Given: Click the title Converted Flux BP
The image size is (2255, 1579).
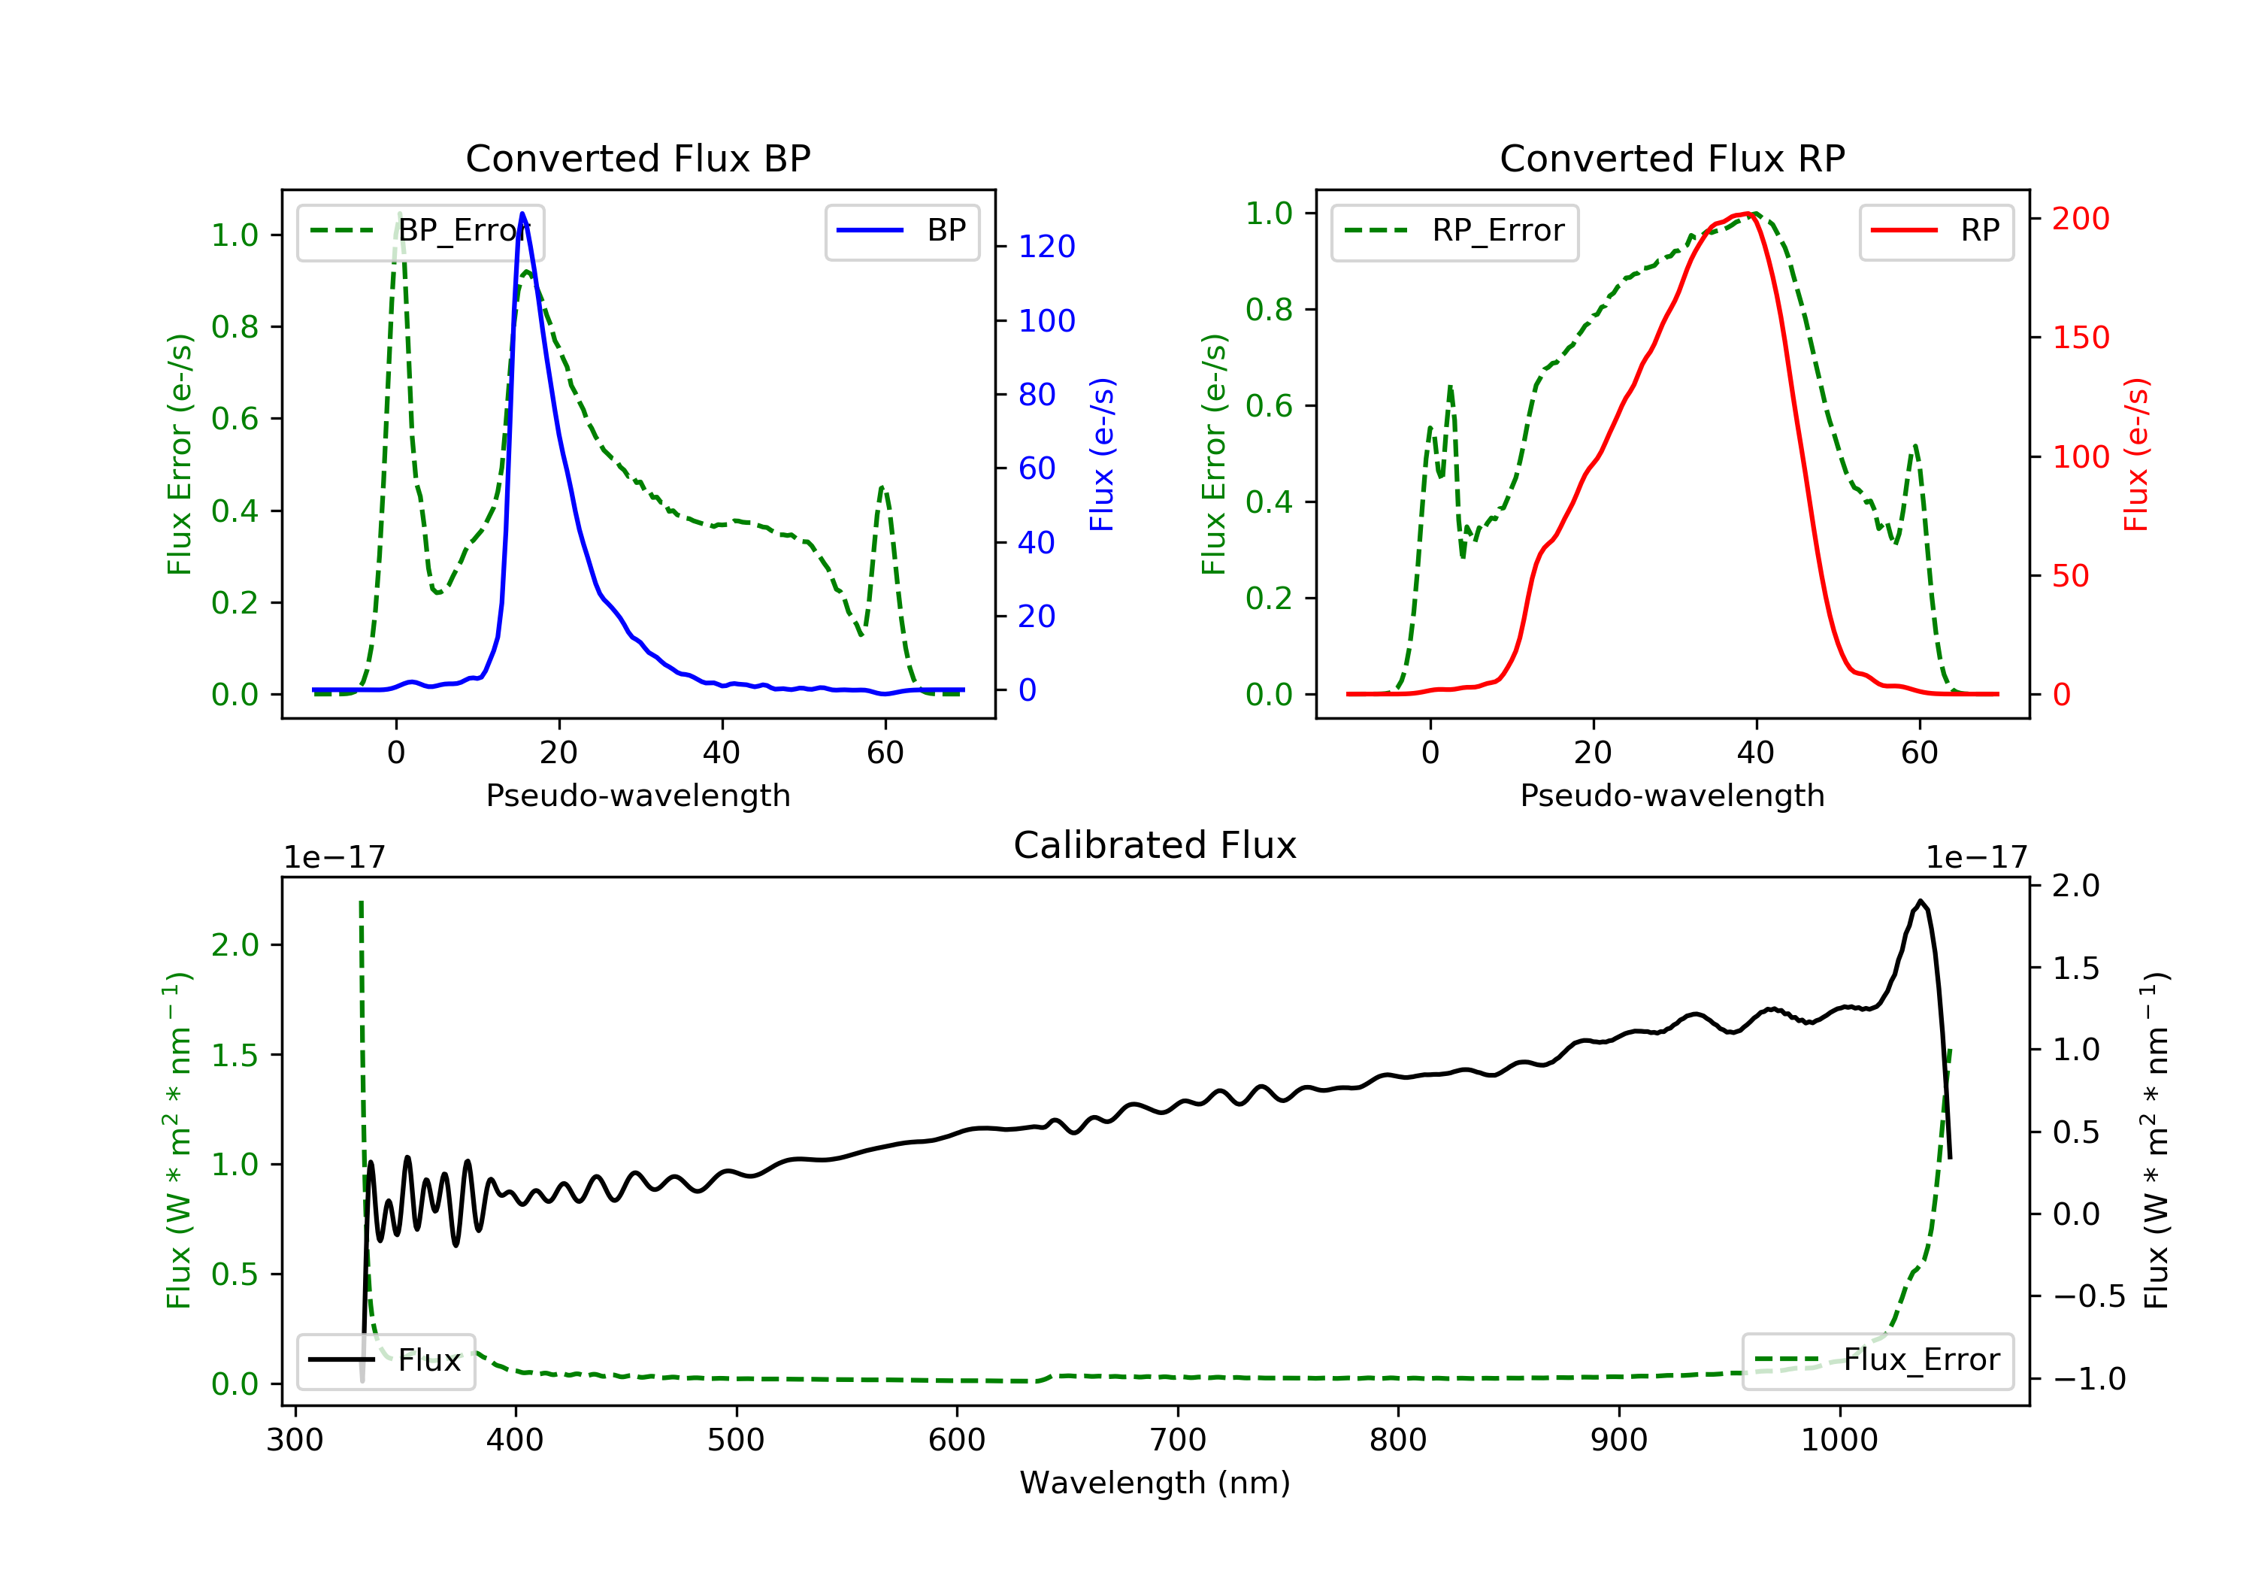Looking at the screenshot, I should tap(637, 158).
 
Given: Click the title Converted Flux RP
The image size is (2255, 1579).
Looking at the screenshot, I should tap(1672, 158).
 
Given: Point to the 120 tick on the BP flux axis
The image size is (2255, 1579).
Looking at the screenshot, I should tap(1046, 247).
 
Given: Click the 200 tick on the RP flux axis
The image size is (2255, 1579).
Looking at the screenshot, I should tap(2080, 218).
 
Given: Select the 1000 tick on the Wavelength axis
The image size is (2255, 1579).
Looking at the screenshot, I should tap(1839, 1441).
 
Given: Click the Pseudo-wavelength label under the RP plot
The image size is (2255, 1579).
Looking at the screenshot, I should tap(1672, 795).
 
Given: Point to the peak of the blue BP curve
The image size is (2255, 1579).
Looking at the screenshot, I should tap(522, 214).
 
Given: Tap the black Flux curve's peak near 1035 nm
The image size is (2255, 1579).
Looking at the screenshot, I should tap(1919, 901).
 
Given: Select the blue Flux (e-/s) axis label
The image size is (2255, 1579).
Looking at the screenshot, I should tap(1102, 454).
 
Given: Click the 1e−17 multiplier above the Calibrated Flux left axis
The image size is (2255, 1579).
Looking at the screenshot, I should tap(334, 858).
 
